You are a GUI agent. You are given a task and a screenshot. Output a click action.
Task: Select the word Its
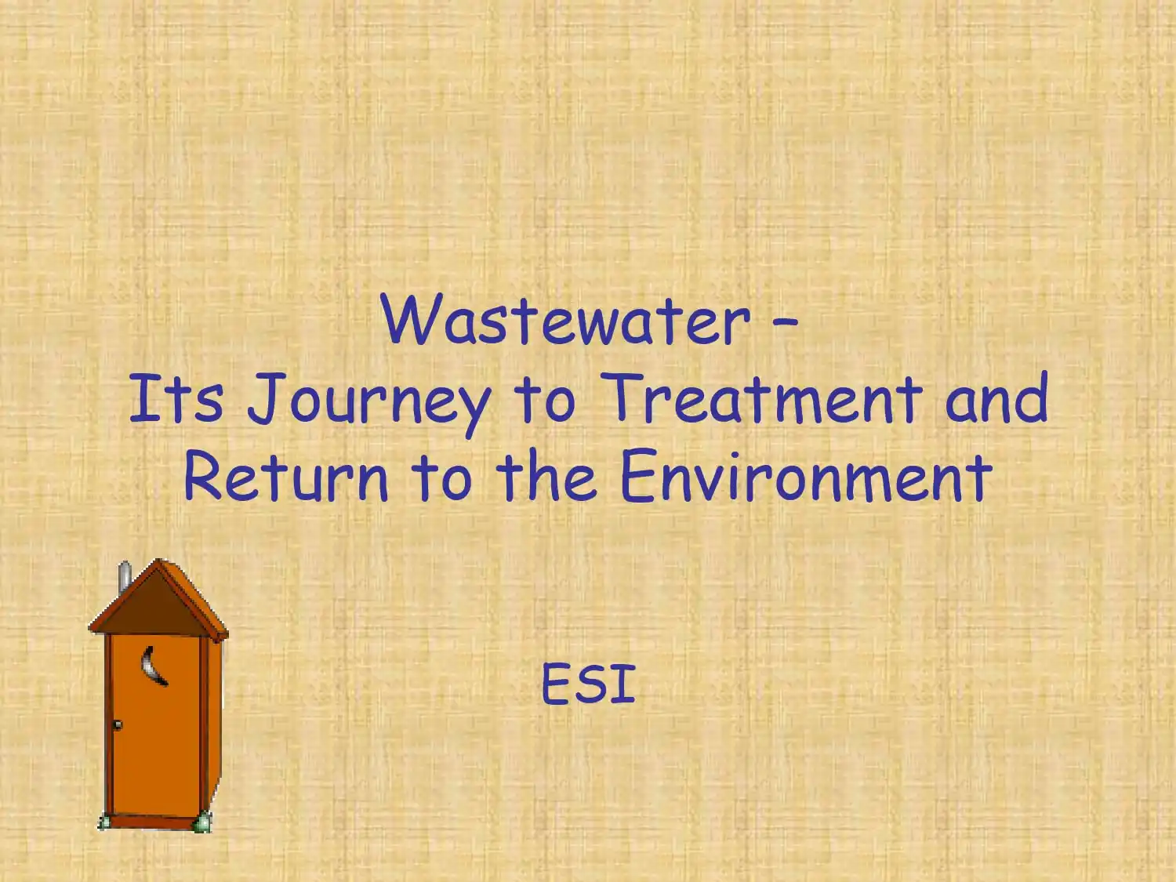pyautogui.click(x=176, y=398)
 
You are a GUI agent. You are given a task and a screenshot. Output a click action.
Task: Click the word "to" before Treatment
pyautogui.click(x=546, y=398)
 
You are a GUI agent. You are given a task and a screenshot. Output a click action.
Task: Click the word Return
pyautogui.click(x=285, y=477)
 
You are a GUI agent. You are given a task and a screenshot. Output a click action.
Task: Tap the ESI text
pyautogui.click(x=588, y=684)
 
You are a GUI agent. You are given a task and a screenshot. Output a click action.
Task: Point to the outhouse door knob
pyautogui.click(x=118, y=725)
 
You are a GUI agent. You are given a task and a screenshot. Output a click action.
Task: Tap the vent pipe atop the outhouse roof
pyautogui.click(x=124, y=575)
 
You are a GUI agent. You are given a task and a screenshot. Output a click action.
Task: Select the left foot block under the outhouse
pyautogui.click(x=103, y=822)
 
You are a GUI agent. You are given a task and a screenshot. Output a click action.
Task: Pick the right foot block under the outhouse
pyautogui.click(x=203, y=822)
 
